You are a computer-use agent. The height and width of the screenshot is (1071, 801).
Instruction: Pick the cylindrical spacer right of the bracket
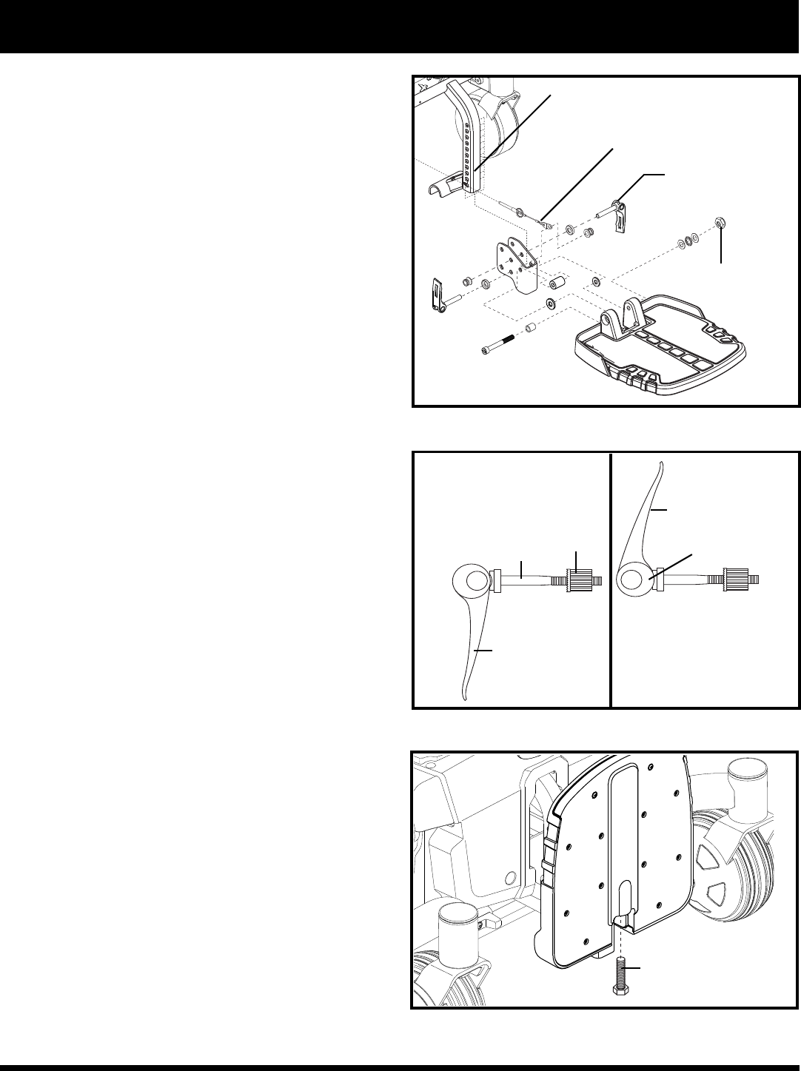tap(557, 284)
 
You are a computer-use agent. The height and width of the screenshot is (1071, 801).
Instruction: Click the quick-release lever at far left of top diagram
tap(440, 294)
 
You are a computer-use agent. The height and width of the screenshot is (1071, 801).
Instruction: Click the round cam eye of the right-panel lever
tap(633, 580)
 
